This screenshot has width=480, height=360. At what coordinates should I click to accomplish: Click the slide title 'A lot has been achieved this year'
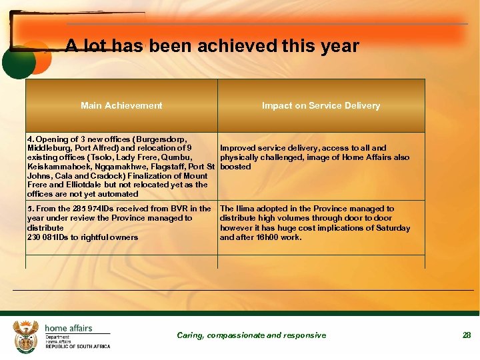(212, 46)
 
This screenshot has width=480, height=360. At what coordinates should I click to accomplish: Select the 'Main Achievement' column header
(121, 105)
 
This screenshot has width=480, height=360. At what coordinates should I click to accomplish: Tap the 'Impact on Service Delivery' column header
(321, 105)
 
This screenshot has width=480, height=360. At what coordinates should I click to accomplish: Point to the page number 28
(467, 335)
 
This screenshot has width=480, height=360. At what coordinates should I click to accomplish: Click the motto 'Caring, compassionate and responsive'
(251, 335)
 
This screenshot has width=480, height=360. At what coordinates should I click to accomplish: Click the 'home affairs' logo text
(69, 328)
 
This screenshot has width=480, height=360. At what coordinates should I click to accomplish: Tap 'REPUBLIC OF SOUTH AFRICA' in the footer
(78, 347)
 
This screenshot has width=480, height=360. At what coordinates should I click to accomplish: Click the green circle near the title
(18, 62)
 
